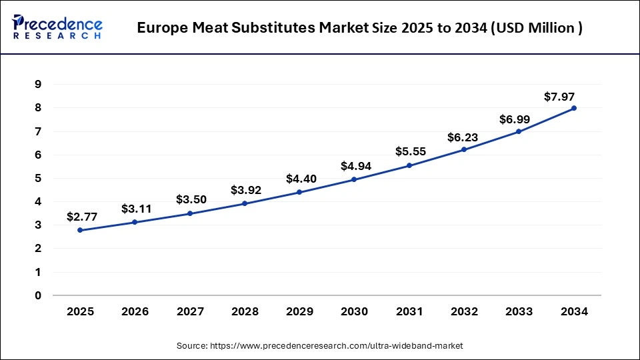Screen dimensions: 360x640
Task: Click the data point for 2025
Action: (80, 230)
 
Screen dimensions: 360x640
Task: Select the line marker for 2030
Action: (354, 179)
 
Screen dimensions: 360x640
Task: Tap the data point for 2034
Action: (573, 108)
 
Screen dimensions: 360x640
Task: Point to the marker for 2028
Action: (245, 203)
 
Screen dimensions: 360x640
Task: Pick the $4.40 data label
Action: (301, 179)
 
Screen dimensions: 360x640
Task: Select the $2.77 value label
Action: (82, 217)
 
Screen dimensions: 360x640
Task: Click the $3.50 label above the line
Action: (192, 199)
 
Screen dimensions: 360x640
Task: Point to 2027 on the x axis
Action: (190, 311)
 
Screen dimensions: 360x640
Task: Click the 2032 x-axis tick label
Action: (464, 311)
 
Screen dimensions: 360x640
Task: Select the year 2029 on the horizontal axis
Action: (299, 311)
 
